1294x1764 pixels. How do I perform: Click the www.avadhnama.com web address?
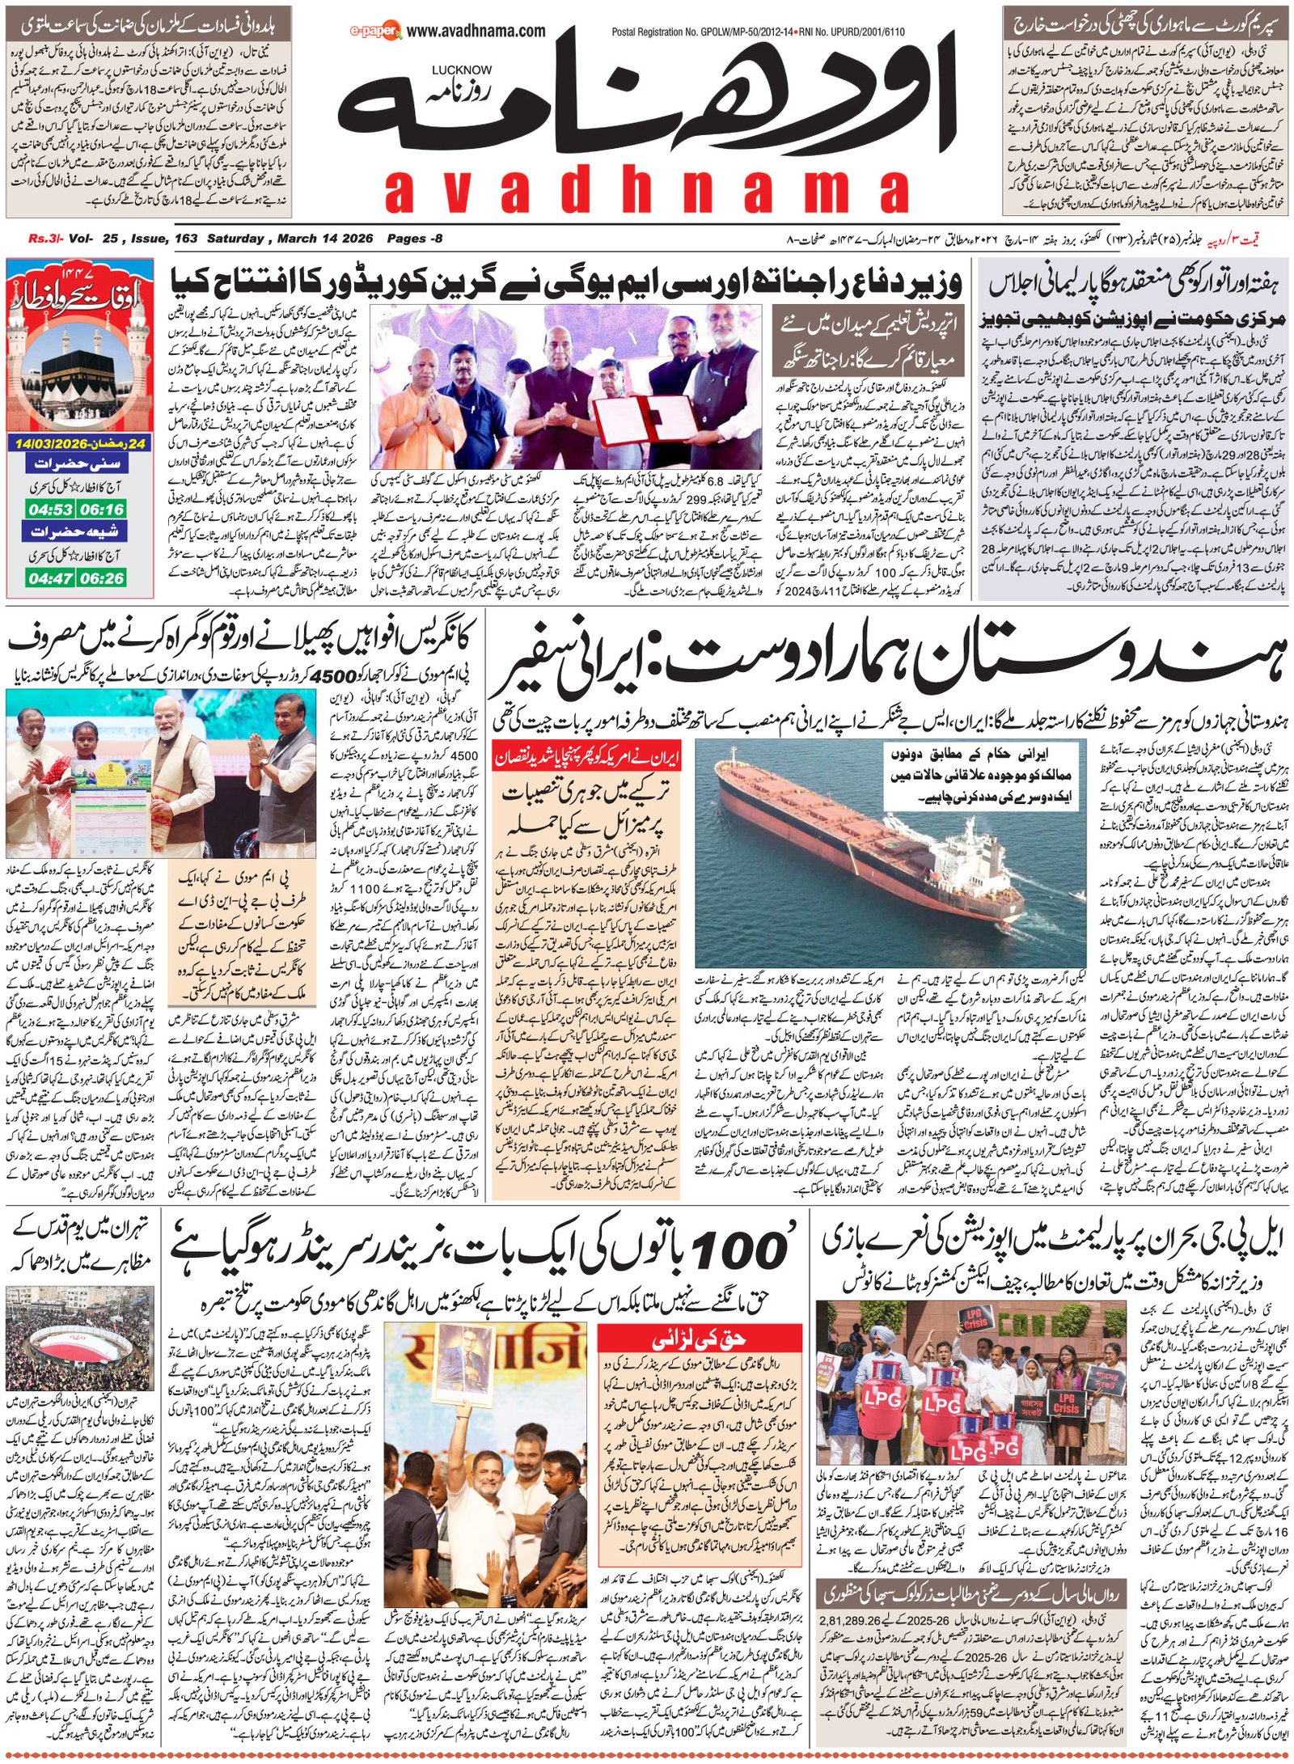[x=476, y=32]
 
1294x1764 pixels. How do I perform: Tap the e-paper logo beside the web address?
[x=375, y=32]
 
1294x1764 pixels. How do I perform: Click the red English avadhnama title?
[x=647, y=192]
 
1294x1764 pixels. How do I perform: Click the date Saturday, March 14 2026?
[x=290, y=239]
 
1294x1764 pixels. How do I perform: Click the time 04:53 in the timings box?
[x=50, y=510]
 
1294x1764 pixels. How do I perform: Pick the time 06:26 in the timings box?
[x=102, y=577]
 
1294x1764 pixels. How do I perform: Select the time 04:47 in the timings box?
[x=50, y=577]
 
